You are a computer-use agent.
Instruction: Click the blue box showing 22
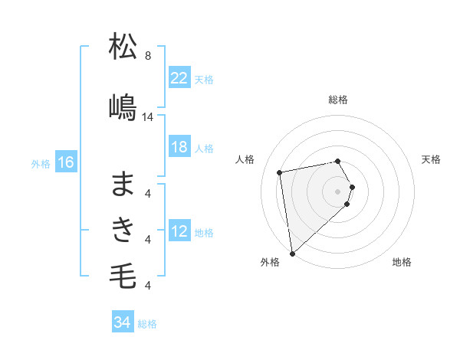(x=179, y=78)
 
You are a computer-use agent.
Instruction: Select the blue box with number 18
(x=179, y=147)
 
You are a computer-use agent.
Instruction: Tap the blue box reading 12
(x=179, y=231)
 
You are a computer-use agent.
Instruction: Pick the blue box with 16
(x=65, y=162)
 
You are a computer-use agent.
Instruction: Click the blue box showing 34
(x=122, y=322)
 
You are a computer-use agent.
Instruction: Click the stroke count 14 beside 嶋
(x=148, y=117)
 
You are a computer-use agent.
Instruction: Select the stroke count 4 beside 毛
(x=148, y=286)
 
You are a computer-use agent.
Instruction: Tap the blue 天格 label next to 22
(x=204, y=79)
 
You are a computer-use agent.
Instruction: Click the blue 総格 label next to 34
(x=147, y=323)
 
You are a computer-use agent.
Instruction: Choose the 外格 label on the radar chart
(x=269, y=262)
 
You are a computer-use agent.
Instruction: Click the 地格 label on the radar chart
(x=402, y=262)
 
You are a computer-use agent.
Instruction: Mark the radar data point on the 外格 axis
(x=292, y=253)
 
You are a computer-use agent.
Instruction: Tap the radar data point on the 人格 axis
(x=280, y=172)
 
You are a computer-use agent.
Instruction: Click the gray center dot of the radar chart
(x=338, y=191)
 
